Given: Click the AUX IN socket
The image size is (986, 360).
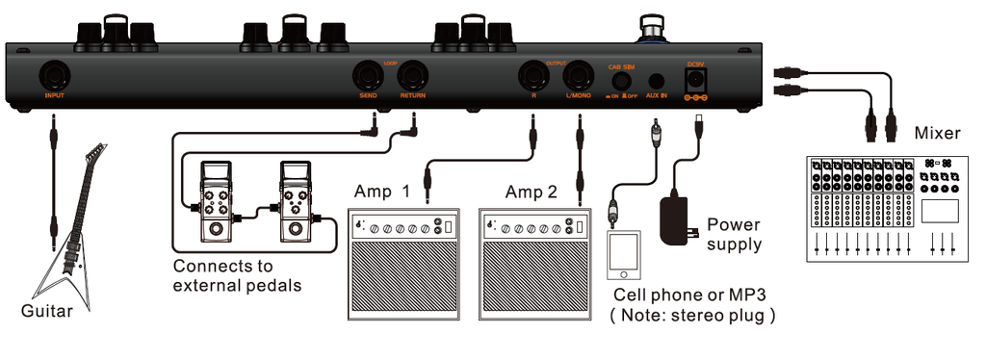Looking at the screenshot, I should [657, 82].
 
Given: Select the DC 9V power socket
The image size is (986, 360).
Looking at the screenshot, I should [694, 80].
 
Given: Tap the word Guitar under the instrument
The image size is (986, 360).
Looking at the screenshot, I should [47, 311].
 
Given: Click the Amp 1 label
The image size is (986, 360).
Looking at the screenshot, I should [383, 191].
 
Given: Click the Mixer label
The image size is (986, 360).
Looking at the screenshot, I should [938, 132].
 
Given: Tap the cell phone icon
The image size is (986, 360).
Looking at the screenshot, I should [624, 252].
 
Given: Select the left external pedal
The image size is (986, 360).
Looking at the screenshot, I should [214, 201].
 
